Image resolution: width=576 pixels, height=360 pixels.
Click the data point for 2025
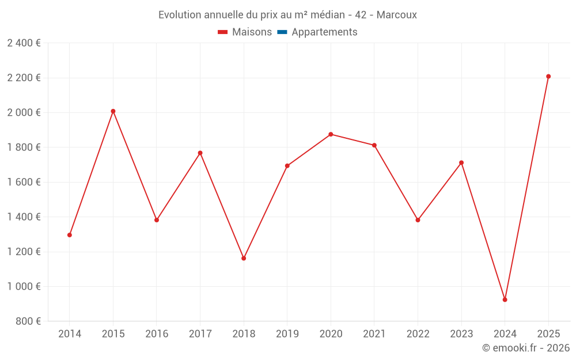pos(548,76)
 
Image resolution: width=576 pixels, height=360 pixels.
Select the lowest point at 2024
pos(505,300)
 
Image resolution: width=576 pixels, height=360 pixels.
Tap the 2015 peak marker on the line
pos(113,111)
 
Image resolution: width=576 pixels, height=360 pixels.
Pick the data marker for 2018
pos(244,258)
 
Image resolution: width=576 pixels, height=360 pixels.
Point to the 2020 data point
pos(331,134)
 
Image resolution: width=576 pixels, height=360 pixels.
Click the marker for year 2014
pos(70,235)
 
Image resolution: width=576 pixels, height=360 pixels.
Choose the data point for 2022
pos(418,220)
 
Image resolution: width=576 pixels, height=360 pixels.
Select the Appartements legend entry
pos(324,32)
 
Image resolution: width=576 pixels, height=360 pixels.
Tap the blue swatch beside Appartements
pos(282,32)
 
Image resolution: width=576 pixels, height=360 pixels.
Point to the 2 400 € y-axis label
pos(24,43)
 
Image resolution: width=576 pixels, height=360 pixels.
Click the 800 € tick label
pos(27,321)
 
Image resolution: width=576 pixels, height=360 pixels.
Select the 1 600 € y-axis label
pos(24,182)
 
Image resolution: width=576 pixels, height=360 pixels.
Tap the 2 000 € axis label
pos(24,112)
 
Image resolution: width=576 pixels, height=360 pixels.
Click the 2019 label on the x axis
pos(287,334)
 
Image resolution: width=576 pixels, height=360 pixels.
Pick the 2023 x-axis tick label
pos(461,334)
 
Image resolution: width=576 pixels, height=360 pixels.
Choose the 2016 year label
pos(157,334)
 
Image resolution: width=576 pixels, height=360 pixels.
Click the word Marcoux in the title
pos(397,15)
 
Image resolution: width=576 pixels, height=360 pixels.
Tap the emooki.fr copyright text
pos(526,348)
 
